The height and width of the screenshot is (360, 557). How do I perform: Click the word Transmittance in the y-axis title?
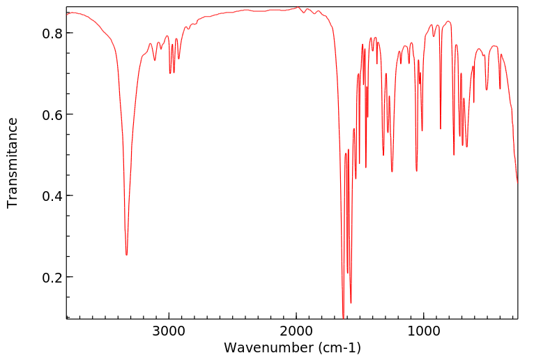click(13, 163)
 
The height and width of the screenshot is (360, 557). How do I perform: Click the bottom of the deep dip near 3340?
click(126, 255)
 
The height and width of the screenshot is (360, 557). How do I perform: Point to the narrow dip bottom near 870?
click(440, 129)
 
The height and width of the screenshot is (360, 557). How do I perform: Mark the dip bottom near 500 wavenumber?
click(487, 89)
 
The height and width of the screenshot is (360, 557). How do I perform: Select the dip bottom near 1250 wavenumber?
click(392, 172)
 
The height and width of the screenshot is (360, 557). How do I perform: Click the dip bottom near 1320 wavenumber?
click(383, 155)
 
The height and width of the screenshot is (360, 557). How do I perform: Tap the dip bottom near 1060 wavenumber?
click(416, 171)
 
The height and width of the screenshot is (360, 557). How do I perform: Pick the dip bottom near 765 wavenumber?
click(453, 155)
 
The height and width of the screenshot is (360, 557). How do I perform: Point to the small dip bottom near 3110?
click(155, 61)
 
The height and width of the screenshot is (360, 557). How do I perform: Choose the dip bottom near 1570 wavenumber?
click(351, 303)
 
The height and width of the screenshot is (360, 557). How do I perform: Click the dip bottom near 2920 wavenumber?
click(178, 59)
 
